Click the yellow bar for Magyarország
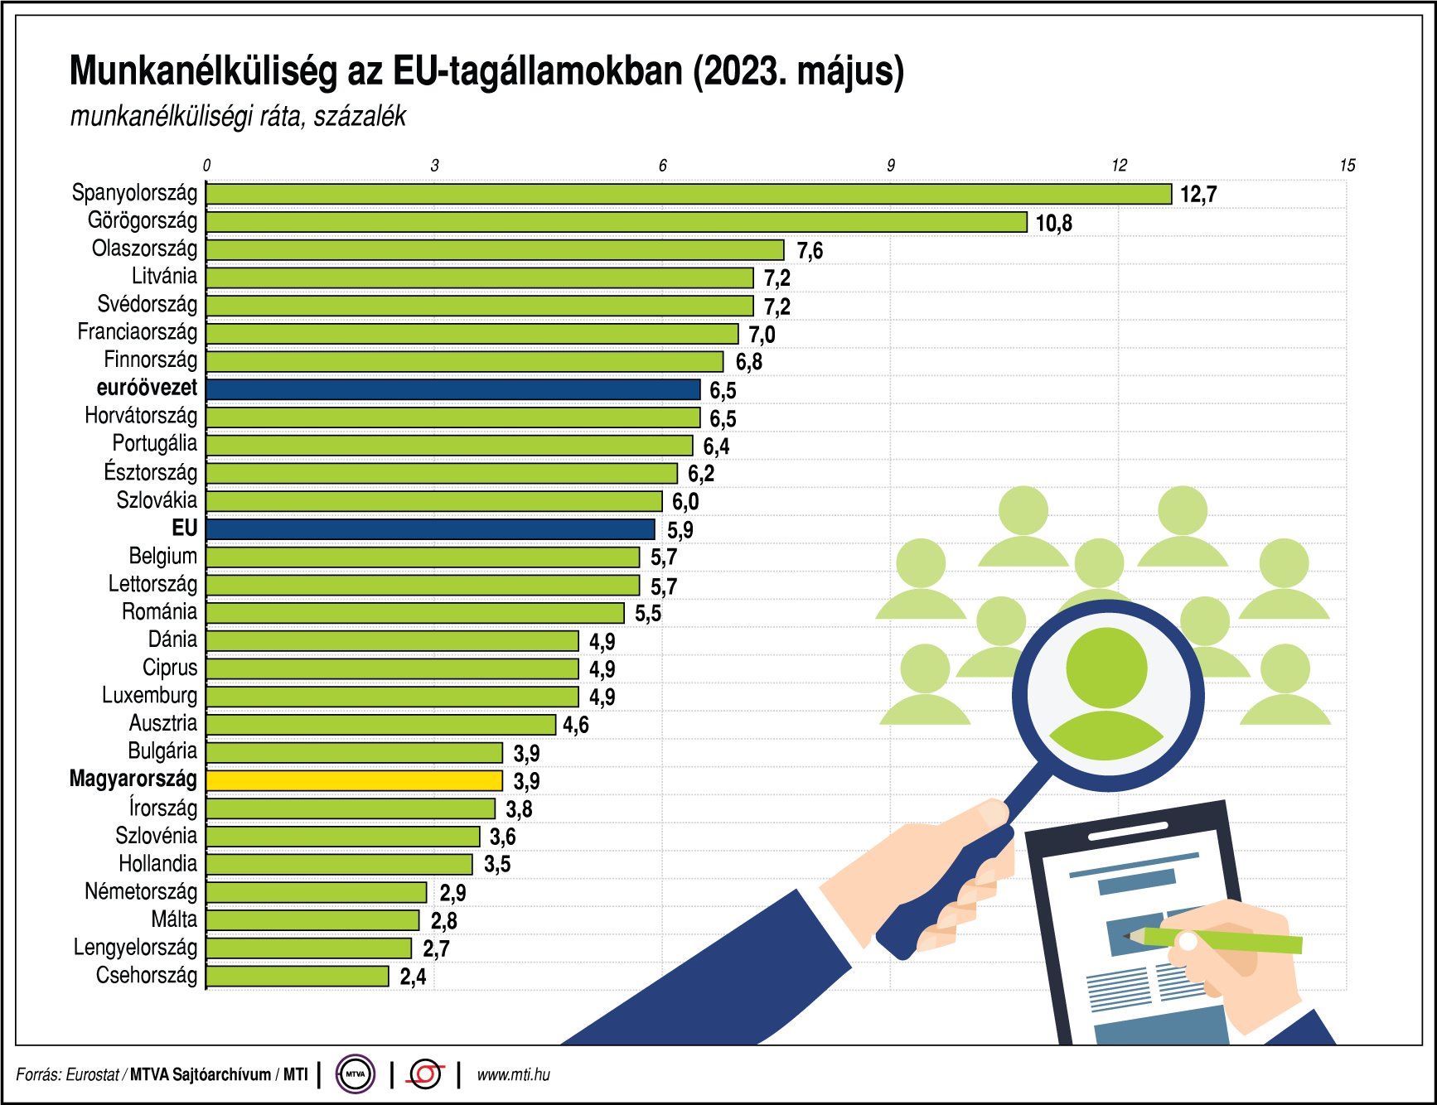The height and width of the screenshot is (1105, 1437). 354,780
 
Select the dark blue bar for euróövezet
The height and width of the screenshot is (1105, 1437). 452,389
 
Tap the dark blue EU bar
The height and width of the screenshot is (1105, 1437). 430,528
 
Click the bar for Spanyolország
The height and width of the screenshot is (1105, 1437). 688,194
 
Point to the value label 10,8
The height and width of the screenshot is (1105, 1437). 1053,223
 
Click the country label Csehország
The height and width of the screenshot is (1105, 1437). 147,976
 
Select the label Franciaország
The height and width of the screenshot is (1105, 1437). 138,333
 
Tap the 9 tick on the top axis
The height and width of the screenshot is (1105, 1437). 891,166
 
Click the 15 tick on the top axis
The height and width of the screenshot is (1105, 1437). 1347,166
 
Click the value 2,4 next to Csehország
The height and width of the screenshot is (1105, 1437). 413,977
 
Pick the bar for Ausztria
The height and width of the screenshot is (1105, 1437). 380,725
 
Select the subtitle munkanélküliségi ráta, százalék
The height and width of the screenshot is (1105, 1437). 238,117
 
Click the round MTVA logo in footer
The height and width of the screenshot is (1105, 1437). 356,1075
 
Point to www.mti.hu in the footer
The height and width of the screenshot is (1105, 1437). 513,1075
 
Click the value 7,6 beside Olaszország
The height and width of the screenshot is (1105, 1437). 810,250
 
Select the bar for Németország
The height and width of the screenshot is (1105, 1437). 316,892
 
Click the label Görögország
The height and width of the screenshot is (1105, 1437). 143,221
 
